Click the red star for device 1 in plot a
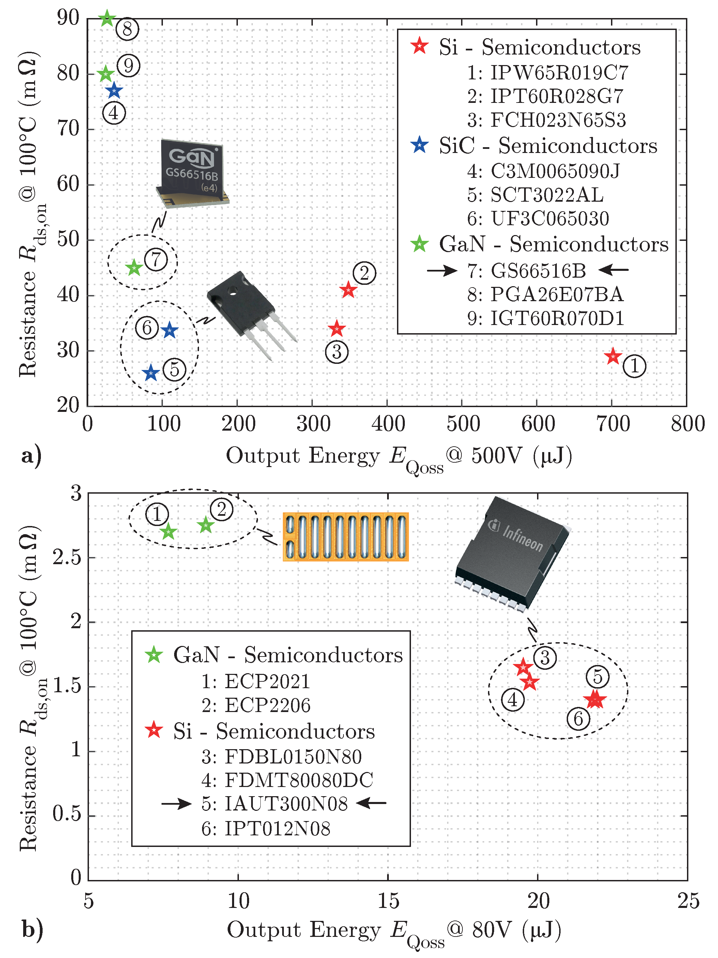point(612,357)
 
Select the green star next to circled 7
point(134,268)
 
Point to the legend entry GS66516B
point(538,271)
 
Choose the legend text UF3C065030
point(549,219)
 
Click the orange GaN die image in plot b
point(345,537)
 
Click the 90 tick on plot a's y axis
point(68,18)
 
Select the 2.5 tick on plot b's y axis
point(67,558)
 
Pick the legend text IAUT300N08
point(286,804)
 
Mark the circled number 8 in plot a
point(127,29)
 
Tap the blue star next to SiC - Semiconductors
point(419,145)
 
